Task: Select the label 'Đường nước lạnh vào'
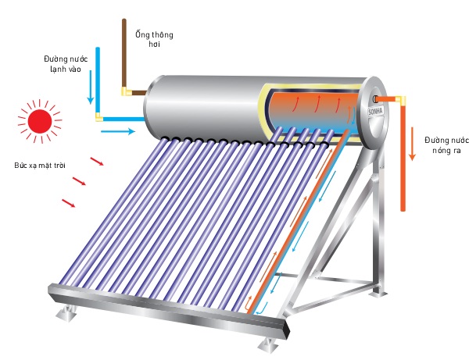coord(66,63)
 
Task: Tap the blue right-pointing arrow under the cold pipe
coord(117,133)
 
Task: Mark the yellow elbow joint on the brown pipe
coord(126,92)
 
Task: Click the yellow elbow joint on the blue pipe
coord(98,118)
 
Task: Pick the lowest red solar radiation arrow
coord(69,204)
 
